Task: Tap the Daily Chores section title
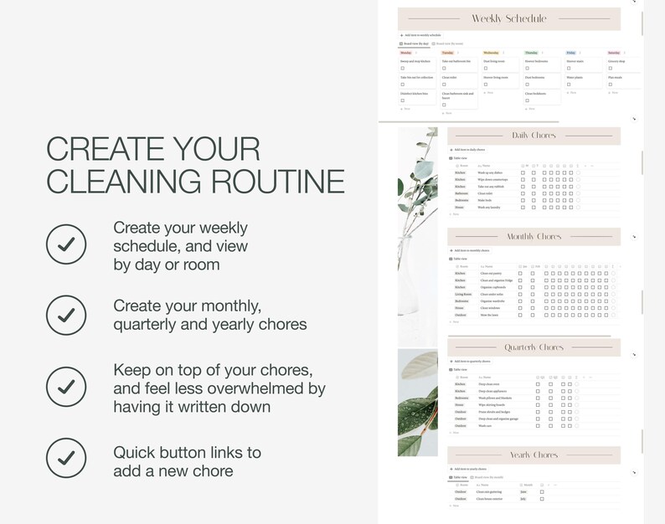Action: point(534,136)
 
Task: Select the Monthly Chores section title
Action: point(534,237)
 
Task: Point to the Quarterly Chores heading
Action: point(534,347)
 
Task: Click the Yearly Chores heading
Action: point(534,455)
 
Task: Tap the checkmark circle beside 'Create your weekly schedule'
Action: point(66,244)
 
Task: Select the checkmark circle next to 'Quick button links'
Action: point(66,460)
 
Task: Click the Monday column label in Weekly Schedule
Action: point(406,53)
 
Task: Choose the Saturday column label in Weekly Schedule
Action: point(614,53)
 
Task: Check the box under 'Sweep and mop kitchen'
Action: point(403,69)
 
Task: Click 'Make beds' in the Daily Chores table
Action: point(486,200)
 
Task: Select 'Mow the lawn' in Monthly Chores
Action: point(489,315)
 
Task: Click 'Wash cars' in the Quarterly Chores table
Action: point(485,425)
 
